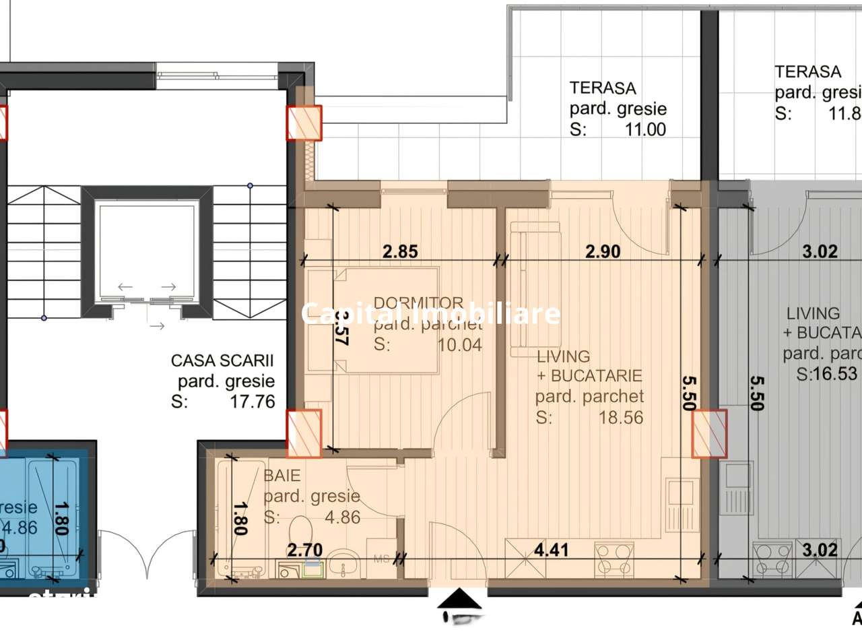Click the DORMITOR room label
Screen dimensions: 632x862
pyautogui.click(x=418, y=303)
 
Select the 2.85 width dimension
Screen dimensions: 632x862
pyautogui.click(x=400, y=252)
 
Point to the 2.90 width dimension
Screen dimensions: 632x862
pyautogui.click(x=602, y=252)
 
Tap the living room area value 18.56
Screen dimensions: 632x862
pyautogui.click(x=620, y=418)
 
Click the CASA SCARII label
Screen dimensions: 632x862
pyautogui.click(x=223, y=362)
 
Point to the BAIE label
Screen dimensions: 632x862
pyautogui.click(x=281, y=476)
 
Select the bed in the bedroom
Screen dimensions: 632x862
pyautogui.click(x=372, y=320)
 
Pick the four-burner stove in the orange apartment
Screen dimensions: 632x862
pyautogui.click(x=614, y=559)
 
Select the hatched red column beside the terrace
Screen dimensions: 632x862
pyautogui.click(x=304, y=123)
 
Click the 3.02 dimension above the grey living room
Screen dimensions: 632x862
pyautogui.click(x=820, y=252)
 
